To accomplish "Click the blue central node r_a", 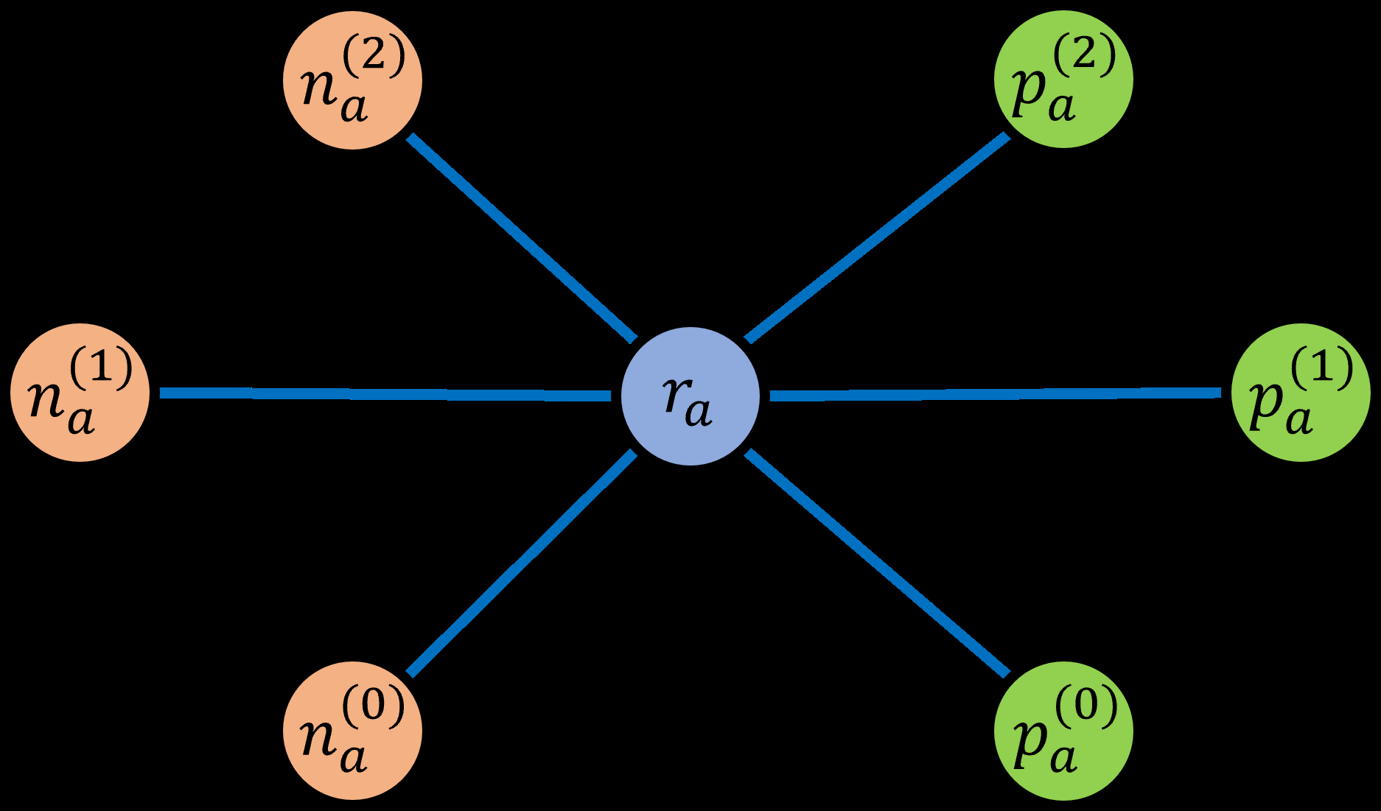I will click(x=690, y=396).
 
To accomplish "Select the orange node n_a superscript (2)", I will click(x=352, y=80).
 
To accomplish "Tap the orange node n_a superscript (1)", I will click(x=80, y=393).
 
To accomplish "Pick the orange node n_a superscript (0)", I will click(x=352, y=730).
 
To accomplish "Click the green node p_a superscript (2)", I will click(x=1063, y=79).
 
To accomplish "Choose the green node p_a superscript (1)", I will click(x=1301, y=393).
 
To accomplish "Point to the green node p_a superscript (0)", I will click(x=1063, y=730).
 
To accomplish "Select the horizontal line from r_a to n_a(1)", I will click(x=383, y=394).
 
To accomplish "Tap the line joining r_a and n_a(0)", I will click(x=522, y=563).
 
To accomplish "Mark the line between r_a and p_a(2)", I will click(x=877, y=238).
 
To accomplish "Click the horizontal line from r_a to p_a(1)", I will click(x=995, y=395).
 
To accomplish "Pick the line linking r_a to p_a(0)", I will click(x=877, y=563).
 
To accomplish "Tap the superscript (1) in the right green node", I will click(x=1322, y=367).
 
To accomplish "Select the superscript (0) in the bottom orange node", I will click(x=374, y=706).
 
